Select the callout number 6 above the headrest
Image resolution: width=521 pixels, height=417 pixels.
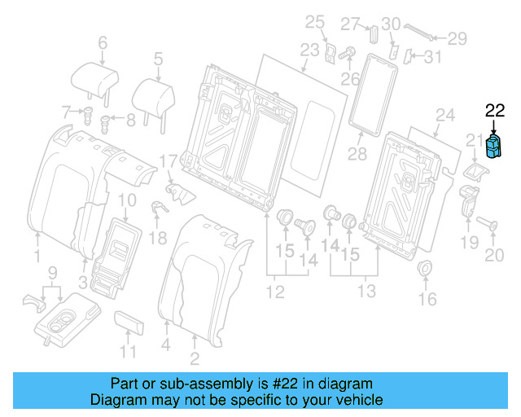tap(103, 43)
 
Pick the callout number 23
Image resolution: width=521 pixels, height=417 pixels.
tap(309, 50)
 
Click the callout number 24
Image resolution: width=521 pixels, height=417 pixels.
tap(443, 114)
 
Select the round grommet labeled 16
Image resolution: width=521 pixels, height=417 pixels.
tap(423, 269)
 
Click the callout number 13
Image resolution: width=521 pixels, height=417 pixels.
tap(366, 292)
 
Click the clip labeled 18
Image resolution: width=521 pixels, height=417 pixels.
tap(159, 207)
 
